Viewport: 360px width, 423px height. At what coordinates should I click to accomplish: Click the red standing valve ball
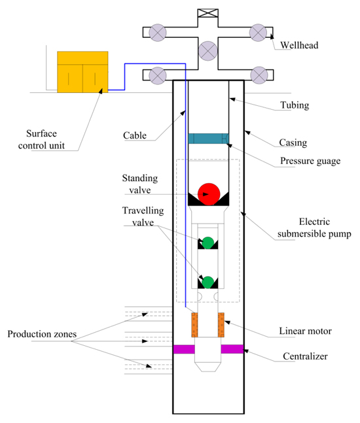209,194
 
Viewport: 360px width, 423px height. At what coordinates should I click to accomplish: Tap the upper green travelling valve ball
208,243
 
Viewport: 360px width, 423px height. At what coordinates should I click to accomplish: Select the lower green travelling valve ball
208,282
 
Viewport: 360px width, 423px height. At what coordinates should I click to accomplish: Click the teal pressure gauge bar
209,139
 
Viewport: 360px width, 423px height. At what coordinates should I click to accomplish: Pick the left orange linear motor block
194,325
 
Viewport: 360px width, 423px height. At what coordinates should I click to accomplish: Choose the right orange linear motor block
221,325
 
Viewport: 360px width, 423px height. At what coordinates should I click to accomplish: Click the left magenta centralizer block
184,349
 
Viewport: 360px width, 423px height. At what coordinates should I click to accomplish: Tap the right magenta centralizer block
232,349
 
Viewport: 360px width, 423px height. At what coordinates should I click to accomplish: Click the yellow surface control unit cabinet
82,72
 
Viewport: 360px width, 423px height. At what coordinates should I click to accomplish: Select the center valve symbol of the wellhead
208,51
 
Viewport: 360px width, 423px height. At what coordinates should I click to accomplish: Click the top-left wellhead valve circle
158,33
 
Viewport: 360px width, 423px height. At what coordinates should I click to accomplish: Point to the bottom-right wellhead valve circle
259,75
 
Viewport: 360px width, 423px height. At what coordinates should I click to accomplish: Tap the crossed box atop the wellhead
208,13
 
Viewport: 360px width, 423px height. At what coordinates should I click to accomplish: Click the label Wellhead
299,45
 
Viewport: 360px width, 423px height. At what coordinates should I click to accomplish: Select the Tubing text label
295,105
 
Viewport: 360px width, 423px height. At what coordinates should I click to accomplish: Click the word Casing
293,143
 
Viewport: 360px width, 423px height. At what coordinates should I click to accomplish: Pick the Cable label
135,135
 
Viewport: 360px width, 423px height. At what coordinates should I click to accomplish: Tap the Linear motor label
306,331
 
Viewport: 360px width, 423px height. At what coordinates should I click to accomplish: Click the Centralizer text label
305,356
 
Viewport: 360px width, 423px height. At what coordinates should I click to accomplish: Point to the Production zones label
42,334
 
